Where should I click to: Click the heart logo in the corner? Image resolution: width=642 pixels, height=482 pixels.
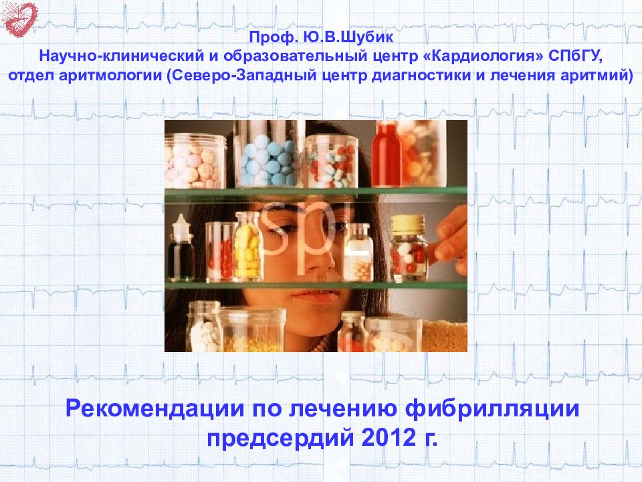click(19, 18)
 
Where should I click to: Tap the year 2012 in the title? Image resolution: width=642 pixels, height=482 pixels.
click(387, 438)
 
